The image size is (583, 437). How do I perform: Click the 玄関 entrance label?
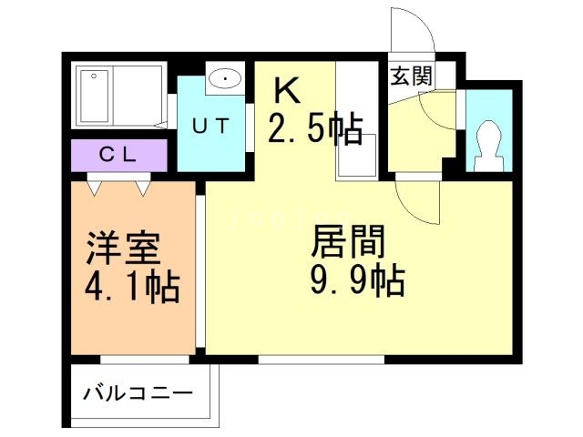tap(411, 77)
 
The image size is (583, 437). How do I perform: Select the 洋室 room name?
tap(124, 249)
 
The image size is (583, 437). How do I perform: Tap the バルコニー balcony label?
tap(138, 394)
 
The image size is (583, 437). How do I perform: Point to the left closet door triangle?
tap(96, 187)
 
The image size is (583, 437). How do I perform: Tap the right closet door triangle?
tap(142, 187)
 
